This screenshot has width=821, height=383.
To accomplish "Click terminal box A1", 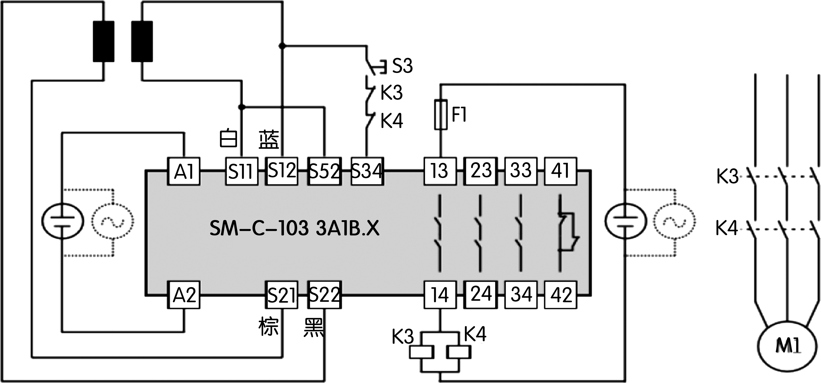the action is [184, 171].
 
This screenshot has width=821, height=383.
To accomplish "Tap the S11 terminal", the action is [242, 171].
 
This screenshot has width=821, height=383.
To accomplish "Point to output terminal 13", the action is [440, 171].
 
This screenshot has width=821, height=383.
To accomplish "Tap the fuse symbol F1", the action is [440, 115].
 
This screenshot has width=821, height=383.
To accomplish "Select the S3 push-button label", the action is [402, 66].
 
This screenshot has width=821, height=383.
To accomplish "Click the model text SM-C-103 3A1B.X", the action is [294, 228].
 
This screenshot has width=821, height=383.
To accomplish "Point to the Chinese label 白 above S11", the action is [229, 138].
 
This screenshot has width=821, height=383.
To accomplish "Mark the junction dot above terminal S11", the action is [242, 107].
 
